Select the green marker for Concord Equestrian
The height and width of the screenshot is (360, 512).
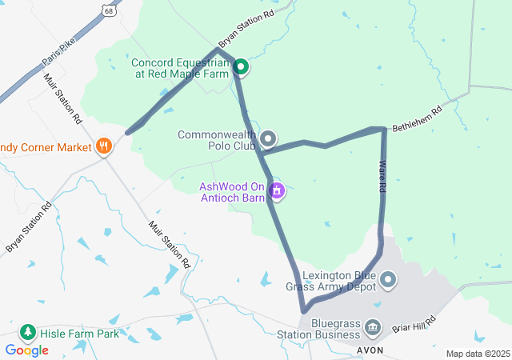point(239,68)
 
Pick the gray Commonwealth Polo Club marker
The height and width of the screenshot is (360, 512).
point(269,141)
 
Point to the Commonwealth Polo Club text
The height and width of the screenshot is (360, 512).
point(216,141)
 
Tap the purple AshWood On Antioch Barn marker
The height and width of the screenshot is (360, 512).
point(277,190)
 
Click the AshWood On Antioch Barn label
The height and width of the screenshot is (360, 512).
point(232,192)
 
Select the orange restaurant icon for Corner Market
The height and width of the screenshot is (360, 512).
point(103,146)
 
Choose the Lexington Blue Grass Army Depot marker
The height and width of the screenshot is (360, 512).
point(388,279)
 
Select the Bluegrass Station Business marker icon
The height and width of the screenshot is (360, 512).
point(372,326)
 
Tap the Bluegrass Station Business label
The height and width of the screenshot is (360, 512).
point(320,330)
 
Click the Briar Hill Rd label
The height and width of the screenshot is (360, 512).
point(414,325)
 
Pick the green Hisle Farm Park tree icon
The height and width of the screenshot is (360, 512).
point(28,332)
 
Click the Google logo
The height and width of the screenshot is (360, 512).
point(26,350)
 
